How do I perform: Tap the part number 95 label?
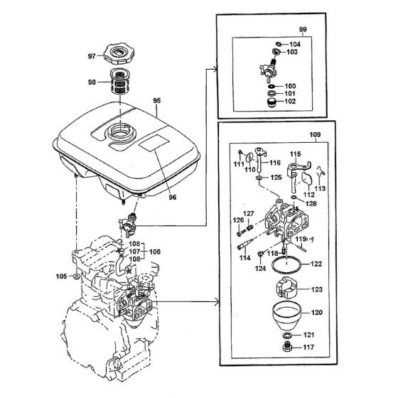(x=156, y=102)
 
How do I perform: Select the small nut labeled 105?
(x=76, y=275)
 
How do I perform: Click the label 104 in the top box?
(x=295, y=43)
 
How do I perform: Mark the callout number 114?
(x=245, y=257)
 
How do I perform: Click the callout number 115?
(x=295, y=153)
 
